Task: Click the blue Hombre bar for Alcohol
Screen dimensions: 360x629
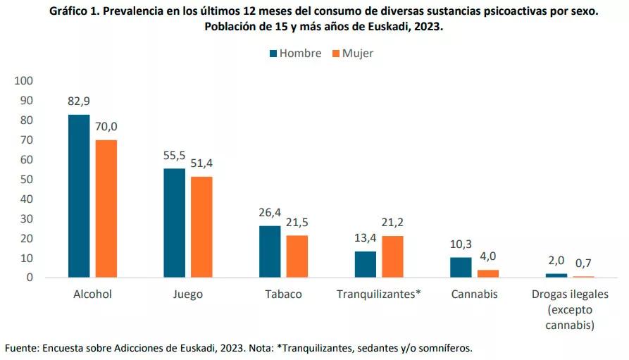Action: [x=79, y=196]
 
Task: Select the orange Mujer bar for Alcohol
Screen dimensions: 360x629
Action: [x=106, y=209]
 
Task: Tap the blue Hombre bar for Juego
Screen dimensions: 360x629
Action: [x=174, y=223]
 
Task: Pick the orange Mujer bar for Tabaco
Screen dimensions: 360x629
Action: [x=297, y=256]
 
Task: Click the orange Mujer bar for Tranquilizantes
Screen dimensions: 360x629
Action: [x=392, y=256]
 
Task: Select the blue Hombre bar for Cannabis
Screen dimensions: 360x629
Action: [x=461, y=267]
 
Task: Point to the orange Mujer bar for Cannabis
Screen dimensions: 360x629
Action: [x=488, y=273]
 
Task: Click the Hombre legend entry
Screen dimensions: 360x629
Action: [x=294, y=54]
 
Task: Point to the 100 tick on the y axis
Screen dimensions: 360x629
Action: [x=24, y=80]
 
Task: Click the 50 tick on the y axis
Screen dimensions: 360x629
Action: [x=27, y=179]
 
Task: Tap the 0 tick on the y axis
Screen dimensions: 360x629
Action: [x=30, y=278]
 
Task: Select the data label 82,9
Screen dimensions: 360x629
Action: [x=79, y=101]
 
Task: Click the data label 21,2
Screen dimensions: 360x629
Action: [x=392, y=223]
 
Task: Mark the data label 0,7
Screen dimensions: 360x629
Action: [x=584, y=263]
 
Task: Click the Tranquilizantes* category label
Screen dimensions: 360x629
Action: [x=379, y=294]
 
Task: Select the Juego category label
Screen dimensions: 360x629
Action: [x=187, y=294]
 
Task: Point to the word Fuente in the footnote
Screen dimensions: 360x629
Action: [x=20, y=348]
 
